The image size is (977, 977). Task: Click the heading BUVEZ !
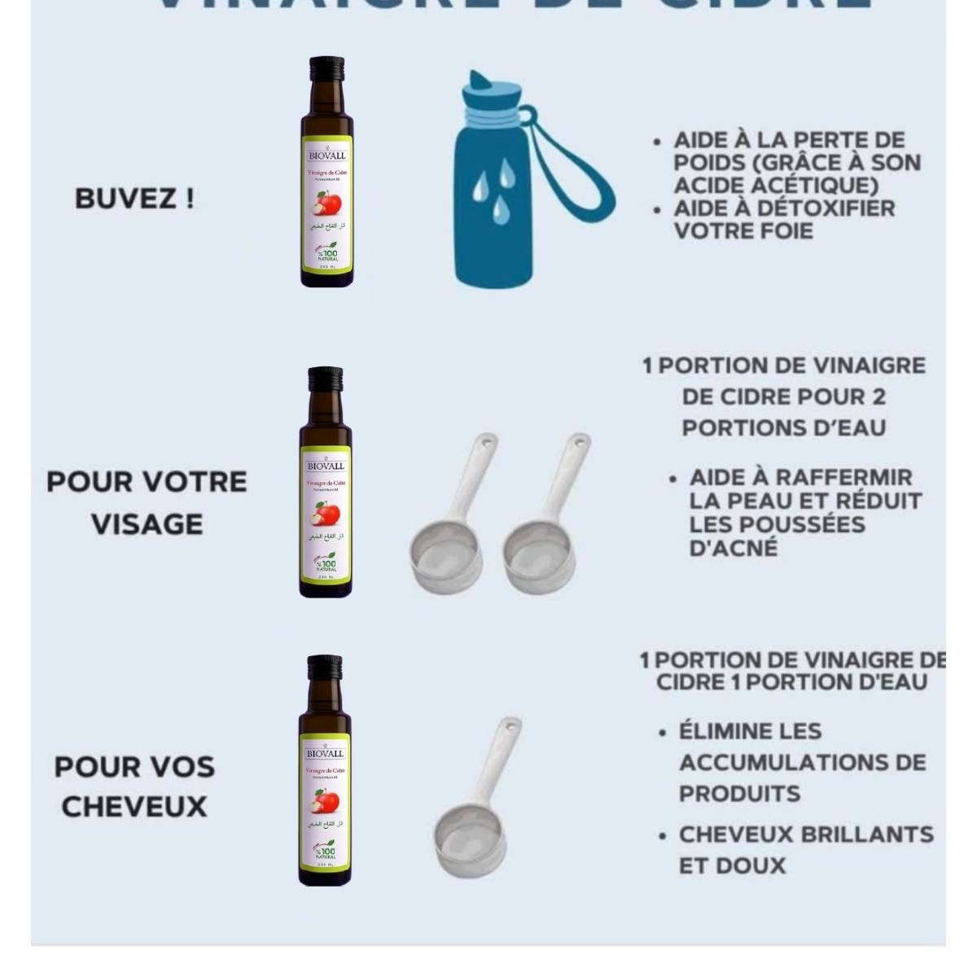point(134,199)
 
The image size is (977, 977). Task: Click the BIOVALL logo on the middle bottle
point(326,465)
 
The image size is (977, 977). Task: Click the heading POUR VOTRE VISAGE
point(147,502)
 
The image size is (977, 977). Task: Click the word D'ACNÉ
point(734,548)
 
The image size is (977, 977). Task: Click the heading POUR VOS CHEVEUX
point(134,786)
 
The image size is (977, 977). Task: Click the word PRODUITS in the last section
point(739,793)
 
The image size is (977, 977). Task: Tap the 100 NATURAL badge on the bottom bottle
point(326,852)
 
